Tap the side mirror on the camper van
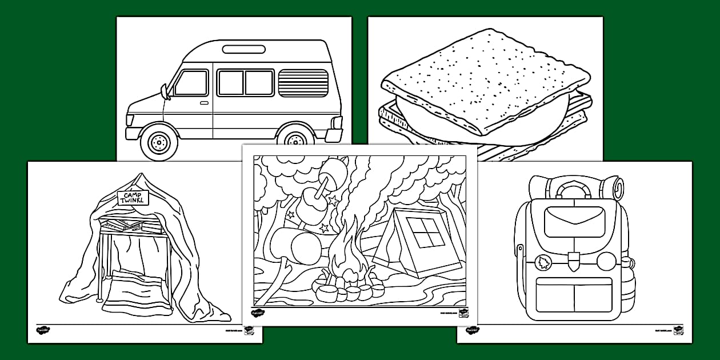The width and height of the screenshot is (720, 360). click(165, 91)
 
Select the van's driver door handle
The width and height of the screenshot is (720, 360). click(204, 103)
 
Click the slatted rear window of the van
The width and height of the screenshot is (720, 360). click(303, 83)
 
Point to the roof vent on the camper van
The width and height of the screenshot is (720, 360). click(247, 49)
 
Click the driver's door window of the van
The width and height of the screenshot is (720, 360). click(190, 83)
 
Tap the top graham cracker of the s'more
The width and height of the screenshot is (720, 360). click(486, 80)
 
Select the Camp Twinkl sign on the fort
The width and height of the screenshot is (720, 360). click(133, 198)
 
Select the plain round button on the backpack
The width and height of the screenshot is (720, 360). click(605, 262)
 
